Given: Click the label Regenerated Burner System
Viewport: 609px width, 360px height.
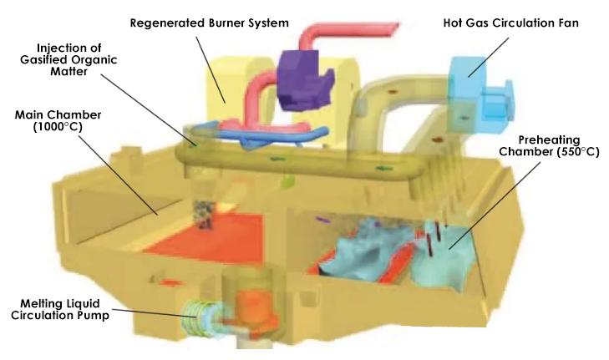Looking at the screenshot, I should tap(210, 22).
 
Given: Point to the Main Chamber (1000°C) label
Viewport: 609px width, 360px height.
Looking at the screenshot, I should tap(50, 119).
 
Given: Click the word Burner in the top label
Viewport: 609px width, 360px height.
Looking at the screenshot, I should tap(225, 22).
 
